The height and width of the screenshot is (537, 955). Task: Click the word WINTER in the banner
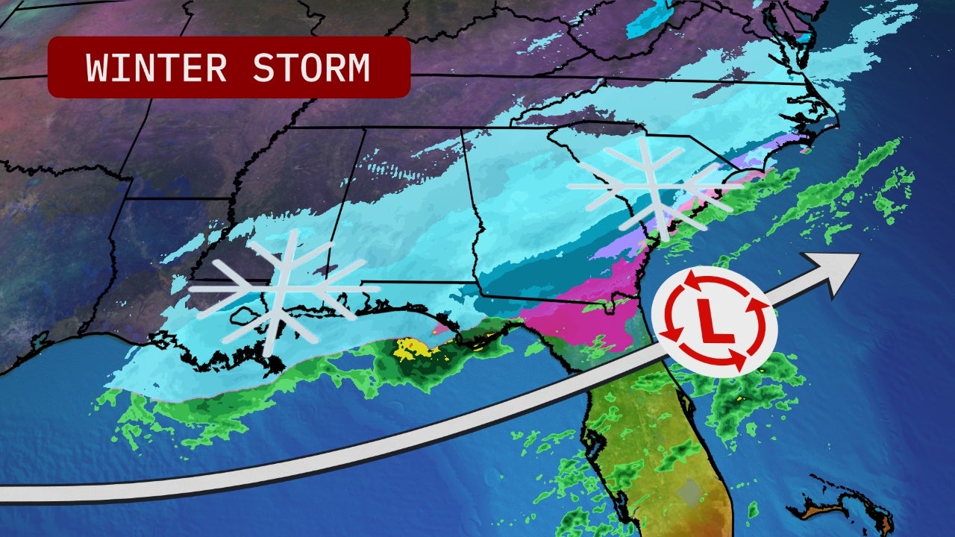(156, 68)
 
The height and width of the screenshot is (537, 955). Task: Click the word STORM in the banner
(310, 68)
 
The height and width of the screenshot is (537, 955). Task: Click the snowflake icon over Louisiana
(277, 292)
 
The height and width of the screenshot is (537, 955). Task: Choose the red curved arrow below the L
(727, 362)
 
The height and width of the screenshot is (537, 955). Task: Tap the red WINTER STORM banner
(228, 67)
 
